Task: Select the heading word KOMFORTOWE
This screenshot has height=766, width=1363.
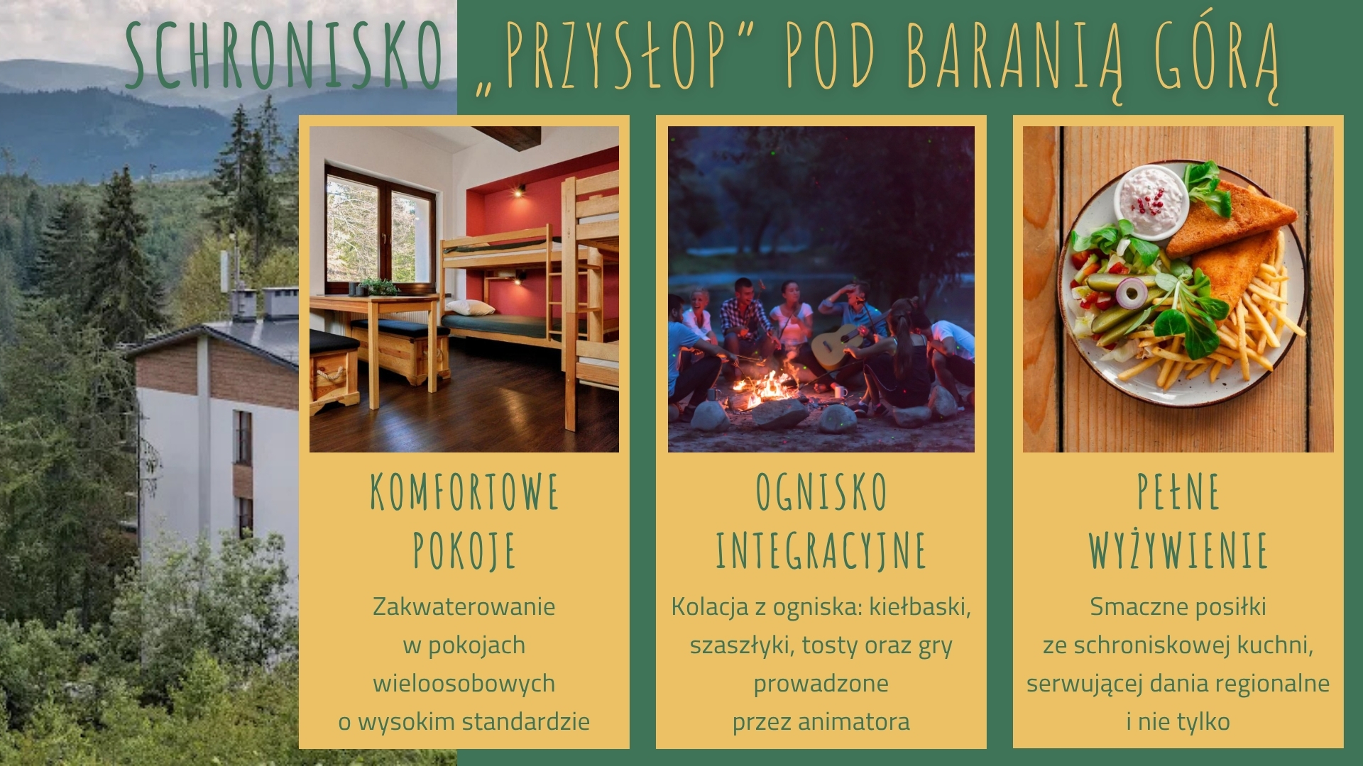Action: [464, 492]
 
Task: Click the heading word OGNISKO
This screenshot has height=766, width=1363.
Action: [821, 492]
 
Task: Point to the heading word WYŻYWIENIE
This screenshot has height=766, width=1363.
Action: [1178, 547]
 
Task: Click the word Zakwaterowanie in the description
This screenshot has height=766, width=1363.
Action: [464, 606]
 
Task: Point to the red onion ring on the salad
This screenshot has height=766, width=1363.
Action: [1132, 291]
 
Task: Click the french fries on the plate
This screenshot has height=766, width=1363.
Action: [1228, 333]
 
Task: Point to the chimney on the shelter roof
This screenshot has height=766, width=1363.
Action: [280, 304]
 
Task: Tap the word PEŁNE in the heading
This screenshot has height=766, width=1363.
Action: [1178, 492]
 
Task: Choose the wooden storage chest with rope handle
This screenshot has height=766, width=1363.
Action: [334, 372]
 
